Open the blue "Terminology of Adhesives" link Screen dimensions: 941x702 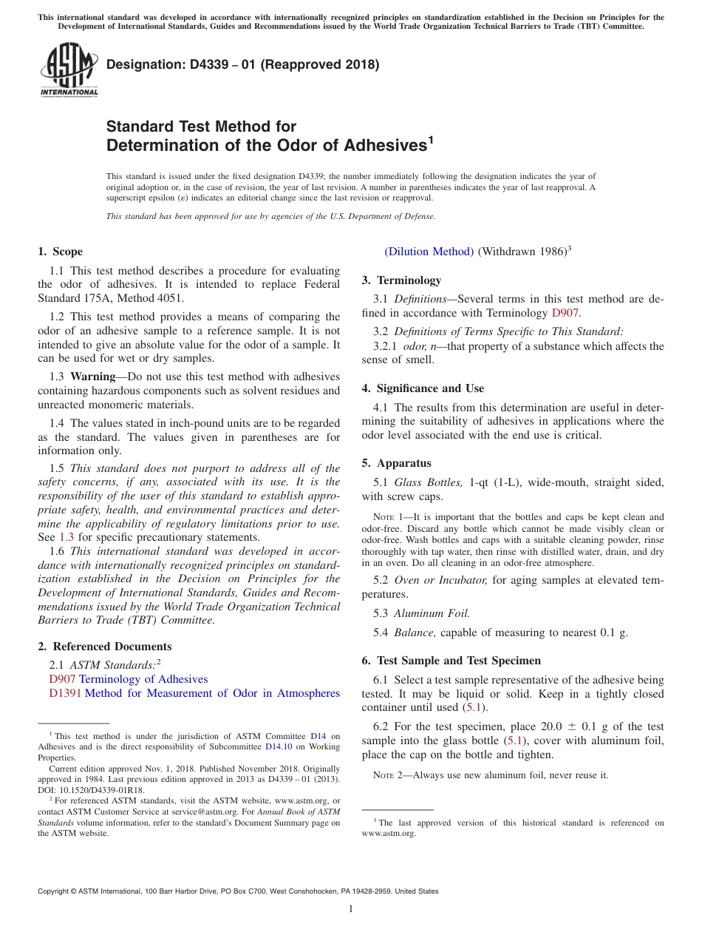click(x=143, y=679)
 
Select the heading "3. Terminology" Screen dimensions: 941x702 click(x=401, y=280)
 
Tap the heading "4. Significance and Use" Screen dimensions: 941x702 click(x=423, y=388)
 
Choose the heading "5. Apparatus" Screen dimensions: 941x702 click(x=396, y=463)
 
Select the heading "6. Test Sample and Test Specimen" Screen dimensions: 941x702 click(x=451, y=661)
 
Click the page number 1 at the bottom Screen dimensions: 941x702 click(x=351, y=908)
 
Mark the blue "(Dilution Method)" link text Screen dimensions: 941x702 click(x=429, y=252)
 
